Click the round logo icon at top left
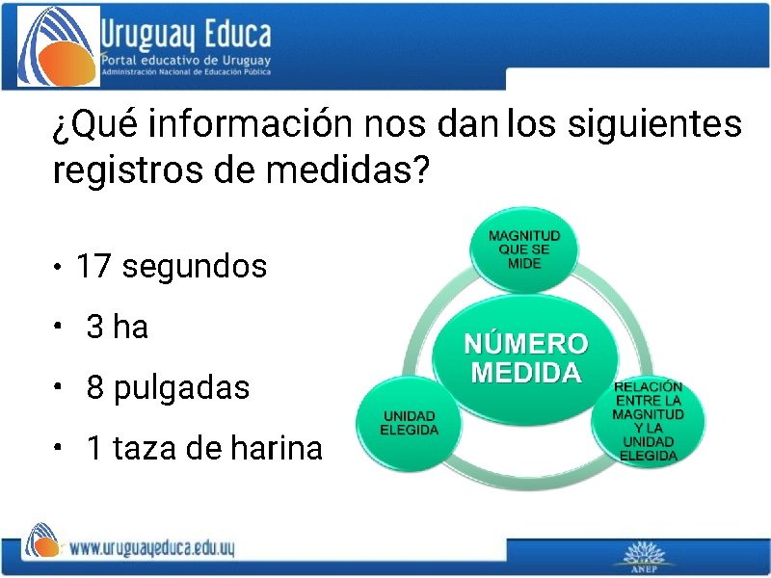click(58, 46)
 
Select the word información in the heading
click(253, 124)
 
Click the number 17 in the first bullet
click(94, 266)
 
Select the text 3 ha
click(118, 328)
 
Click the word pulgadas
click(182, 388)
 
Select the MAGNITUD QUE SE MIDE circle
click(523, 250)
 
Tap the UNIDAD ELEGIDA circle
click(409, 423)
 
